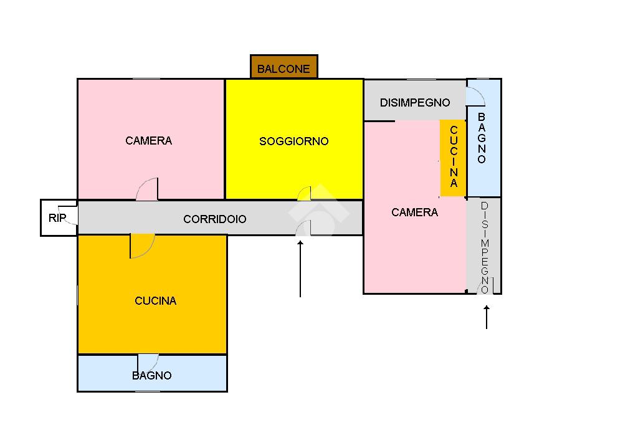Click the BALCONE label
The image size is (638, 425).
tap(283, 69)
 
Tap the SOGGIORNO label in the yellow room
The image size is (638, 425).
tap(293, 141)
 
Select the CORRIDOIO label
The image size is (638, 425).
tap(214, 219)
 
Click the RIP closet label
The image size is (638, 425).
tap(57, 218)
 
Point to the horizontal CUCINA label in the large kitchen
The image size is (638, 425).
tap(155, 301)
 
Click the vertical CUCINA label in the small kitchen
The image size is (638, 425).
tap(454, 156)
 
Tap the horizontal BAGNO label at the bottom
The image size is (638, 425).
tap(151, 376)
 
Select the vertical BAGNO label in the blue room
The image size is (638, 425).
tap(482, 138)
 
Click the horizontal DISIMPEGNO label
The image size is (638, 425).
tap(414, 103)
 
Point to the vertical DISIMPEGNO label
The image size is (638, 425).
tap(485, 247)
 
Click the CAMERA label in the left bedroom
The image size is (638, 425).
tap(148, 141)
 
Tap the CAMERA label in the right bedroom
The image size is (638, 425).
tap(414, 212)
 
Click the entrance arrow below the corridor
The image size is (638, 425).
tap(300, 269)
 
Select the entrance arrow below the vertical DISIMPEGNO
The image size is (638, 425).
tap(486, 317)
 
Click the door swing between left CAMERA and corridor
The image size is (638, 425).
tap(148, 189)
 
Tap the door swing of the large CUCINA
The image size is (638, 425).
tap(141, 246)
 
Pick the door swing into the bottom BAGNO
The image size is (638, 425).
tap(148, 362)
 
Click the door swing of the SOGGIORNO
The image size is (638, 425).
tap(304, 194)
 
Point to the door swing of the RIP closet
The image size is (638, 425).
tap(72, 216)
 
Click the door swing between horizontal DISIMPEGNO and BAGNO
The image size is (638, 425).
tap(475, 97)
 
